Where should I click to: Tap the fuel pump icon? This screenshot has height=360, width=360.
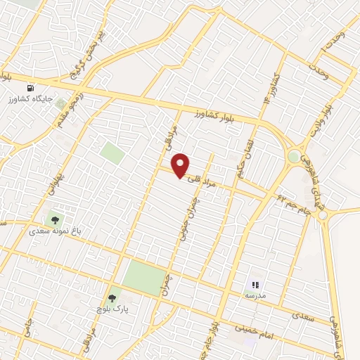point(30,89)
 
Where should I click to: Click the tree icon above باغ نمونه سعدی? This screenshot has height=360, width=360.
point(55,219)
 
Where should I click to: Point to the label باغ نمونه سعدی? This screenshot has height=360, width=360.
point(53,230)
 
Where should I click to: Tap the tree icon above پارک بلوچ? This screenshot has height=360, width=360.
point(111,299)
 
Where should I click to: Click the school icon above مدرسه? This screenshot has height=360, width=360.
point(255,285)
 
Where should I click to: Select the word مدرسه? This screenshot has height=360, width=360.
point(255,296)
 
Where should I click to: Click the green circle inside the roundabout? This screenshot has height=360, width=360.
point(294,157)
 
